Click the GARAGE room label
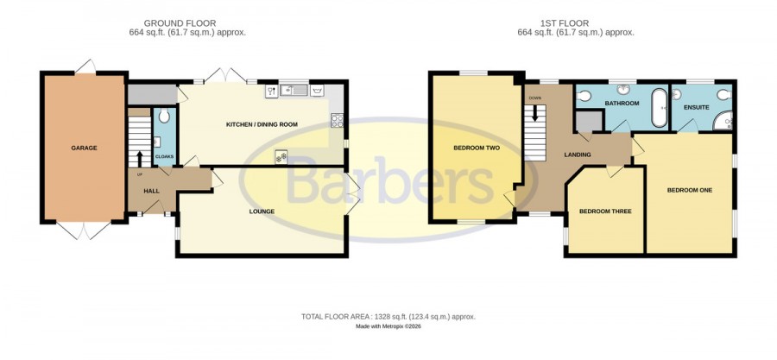(84, 148)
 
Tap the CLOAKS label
(165, 156)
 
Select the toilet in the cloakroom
(165, 116)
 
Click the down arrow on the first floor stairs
(535, 113)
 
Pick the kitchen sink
(294, 90)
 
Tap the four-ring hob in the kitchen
(337, 120)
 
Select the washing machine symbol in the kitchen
(317, 91)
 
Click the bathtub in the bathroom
(659, 108)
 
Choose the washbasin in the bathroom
(622, 89)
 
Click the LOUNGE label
(262, 212)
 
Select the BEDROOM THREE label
(605, 212)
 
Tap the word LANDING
(578, 155)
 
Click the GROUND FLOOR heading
(180, 23)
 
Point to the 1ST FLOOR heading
(565, 23)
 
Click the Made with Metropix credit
(388, 327)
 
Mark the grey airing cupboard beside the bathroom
(590, 122)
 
